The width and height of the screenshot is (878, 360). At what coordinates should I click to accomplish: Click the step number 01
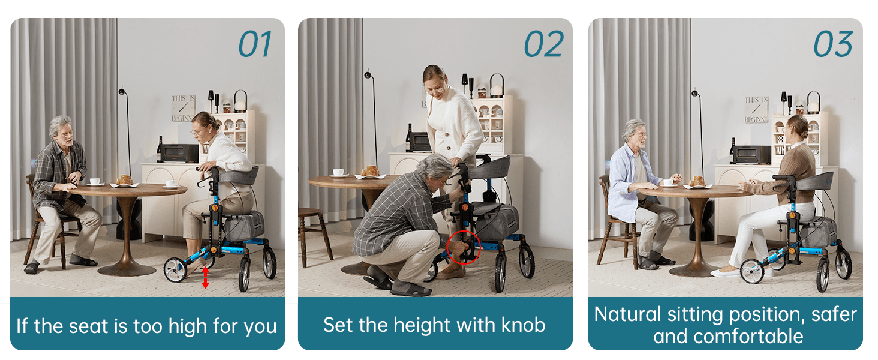point(255,44)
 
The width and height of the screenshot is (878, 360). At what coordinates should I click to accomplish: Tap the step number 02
point(544,44)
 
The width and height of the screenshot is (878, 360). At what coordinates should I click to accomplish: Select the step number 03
point(833,44)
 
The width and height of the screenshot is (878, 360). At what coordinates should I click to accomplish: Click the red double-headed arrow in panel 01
point(205,277)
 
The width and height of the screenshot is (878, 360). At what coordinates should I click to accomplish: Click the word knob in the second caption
point(524,325)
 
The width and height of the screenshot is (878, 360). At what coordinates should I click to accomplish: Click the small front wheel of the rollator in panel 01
point(175,270)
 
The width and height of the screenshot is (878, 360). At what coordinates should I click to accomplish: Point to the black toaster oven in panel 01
point(179,154)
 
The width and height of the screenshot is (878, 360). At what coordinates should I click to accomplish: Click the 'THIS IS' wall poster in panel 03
point(756,110)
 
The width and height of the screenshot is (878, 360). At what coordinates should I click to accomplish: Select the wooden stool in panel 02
point(314,235)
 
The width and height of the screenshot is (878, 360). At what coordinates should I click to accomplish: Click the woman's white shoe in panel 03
point(725,272)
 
